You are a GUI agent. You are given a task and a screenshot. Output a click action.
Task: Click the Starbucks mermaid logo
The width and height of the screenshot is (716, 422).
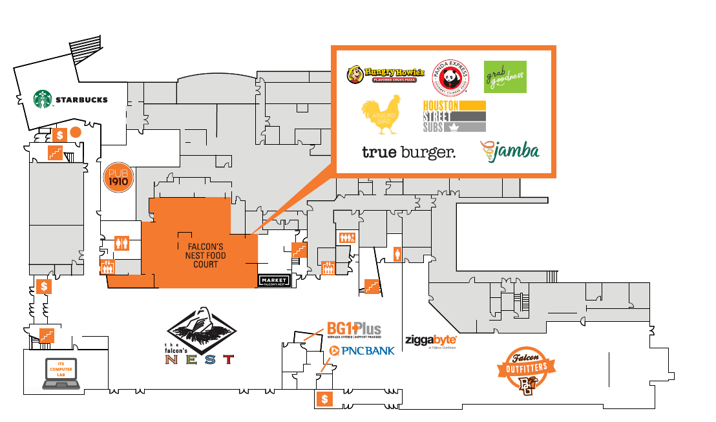point(43,100)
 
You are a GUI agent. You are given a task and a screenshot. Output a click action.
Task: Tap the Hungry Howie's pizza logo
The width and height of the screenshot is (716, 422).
point(385,75)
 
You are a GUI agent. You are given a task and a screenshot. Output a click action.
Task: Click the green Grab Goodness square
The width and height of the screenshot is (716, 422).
point(505,77)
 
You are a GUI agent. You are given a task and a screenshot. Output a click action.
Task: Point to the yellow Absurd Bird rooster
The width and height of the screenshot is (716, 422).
point(382,115)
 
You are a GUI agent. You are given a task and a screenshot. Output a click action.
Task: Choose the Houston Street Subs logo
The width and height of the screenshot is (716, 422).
point(454,116)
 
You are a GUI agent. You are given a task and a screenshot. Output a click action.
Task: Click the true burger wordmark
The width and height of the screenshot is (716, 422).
point(408,153)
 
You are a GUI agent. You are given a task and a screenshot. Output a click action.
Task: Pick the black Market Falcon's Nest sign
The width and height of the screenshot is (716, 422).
point(274,280)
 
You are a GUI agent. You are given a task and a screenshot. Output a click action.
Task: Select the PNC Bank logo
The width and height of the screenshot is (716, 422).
point(361,351)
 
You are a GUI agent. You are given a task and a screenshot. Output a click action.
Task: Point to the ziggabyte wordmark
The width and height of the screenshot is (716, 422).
point(431,340)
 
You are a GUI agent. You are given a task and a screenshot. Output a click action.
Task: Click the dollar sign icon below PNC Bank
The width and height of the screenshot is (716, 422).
point(324,399)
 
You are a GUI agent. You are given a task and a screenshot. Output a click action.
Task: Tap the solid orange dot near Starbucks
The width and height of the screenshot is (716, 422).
point(75,132)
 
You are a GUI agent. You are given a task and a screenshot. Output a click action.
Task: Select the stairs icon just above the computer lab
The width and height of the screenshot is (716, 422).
point(46,335)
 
